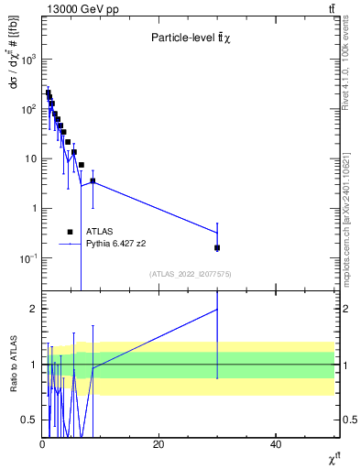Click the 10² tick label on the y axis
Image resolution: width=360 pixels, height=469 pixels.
(27, 108)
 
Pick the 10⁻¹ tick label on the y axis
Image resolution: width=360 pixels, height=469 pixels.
(27, 258)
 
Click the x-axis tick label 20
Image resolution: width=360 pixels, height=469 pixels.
(158, 443)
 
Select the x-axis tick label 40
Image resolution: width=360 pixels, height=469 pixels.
(276, 443)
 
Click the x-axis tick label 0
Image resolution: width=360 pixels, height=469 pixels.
(42, 443)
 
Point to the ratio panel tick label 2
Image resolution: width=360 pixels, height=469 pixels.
(34, 309)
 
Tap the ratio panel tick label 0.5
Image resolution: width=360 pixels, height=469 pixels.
(29, 420)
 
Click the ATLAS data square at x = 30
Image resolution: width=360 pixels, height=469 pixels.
(217, 247)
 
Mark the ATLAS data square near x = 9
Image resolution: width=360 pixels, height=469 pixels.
(93, 180)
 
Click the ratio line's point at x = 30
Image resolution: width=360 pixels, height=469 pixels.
(217, 309)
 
